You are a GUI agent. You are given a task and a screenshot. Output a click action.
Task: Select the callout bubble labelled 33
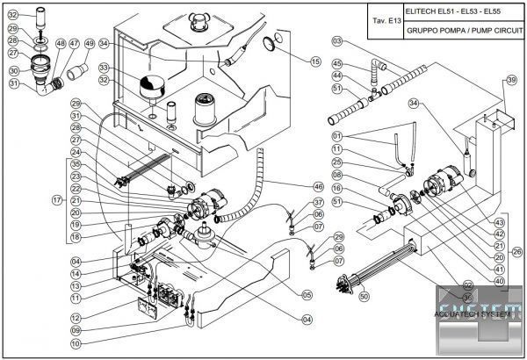coord(104,68)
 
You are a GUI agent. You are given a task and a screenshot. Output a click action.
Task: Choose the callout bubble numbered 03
coord(337,40)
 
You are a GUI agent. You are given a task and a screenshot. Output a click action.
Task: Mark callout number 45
coord(337,63)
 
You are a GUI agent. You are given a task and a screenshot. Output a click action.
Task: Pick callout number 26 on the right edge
coord(516,251)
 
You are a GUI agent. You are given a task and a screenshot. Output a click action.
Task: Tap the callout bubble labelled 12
coord(76,317)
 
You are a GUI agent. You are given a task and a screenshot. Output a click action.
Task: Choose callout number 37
coord(319,202)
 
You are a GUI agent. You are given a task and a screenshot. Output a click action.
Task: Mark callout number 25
coord(337,162)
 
